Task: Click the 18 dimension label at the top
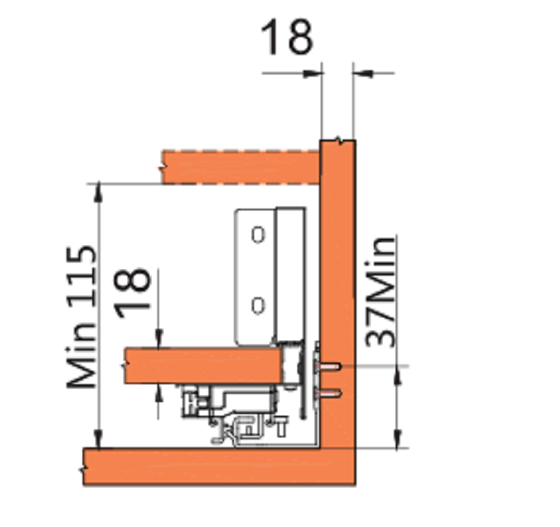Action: coord(287,37)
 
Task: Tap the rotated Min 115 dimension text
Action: coord(81,317)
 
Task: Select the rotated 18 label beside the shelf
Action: coord(132,292)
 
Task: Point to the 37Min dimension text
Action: coord(381,291)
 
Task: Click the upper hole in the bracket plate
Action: coord(258,235)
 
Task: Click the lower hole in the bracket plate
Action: coord(258,306)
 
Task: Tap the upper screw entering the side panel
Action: coord(329,367)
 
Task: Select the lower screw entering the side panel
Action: coord(329,394)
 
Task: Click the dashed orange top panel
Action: coord(241,167)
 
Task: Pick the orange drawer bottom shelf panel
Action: coord(204,365)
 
